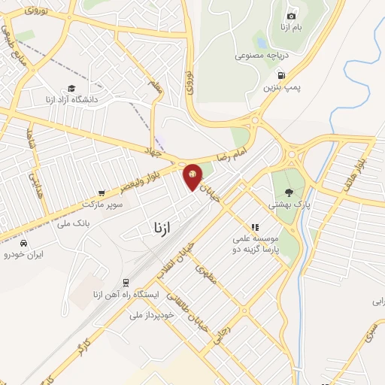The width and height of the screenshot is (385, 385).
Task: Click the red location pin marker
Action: point(192,177)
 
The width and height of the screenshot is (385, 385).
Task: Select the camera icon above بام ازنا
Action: point(292,16)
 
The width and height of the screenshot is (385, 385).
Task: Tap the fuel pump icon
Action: point(281,74)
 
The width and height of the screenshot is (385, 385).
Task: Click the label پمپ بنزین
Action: point(281,88)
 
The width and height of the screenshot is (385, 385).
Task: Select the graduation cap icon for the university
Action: point(71,88)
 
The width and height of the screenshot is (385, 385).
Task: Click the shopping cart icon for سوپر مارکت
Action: point(102,192)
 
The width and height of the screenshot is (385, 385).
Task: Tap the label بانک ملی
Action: point(74,223)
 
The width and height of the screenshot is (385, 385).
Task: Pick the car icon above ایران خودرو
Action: point(24,243)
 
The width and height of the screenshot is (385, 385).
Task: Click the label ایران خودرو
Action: point(24,255)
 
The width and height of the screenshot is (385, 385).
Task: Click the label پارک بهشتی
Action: point(289,204)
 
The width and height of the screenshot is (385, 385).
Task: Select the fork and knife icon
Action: point(255,226)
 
